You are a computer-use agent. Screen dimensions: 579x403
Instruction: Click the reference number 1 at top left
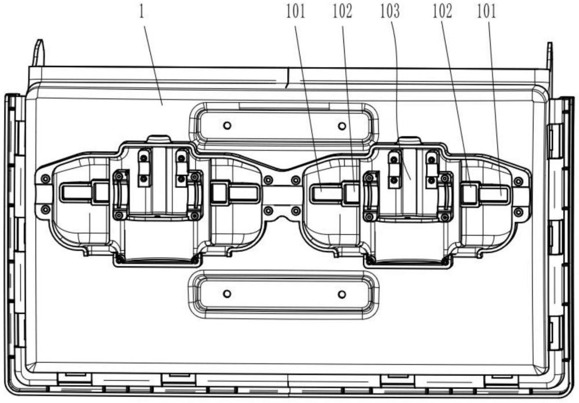coord(142,12)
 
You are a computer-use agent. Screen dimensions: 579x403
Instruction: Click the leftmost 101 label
coord(296,12)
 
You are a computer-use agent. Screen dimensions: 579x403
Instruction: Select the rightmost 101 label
coord(487,12)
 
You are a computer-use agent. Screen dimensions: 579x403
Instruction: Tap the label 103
coord(390,12)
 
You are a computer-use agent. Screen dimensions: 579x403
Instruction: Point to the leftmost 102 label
coord(342,12)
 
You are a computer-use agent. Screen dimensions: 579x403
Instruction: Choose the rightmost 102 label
coord(442,12)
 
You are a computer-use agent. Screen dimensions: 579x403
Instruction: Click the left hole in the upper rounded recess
coord(228,126)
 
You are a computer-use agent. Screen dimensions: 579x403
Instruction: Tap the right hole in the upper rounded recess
coord(342,126)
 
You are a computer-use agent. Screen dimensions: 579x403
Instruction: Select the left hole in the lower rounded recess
coord(228,294)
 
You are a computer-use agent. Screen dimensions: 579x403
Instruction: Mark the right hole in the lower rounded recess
coord(342,294)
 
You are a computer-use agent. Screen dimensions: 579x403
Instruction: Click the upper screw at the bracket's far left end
coord(45,179)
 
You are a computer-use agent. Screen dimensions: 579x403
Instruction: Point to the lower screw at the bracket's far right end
coord(518,212)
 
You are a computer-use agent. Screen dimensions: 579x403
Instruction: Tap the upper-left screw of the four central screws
coord(269,180)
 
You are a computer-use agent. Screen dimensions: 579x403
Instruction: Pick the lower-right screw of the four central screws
coord(295,211)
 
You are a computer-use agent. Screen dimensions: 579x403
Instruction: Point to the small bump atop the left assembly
coord(159,140)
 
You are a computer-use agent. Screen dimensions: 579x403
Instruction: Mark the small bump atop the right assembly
coord(409,140)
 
